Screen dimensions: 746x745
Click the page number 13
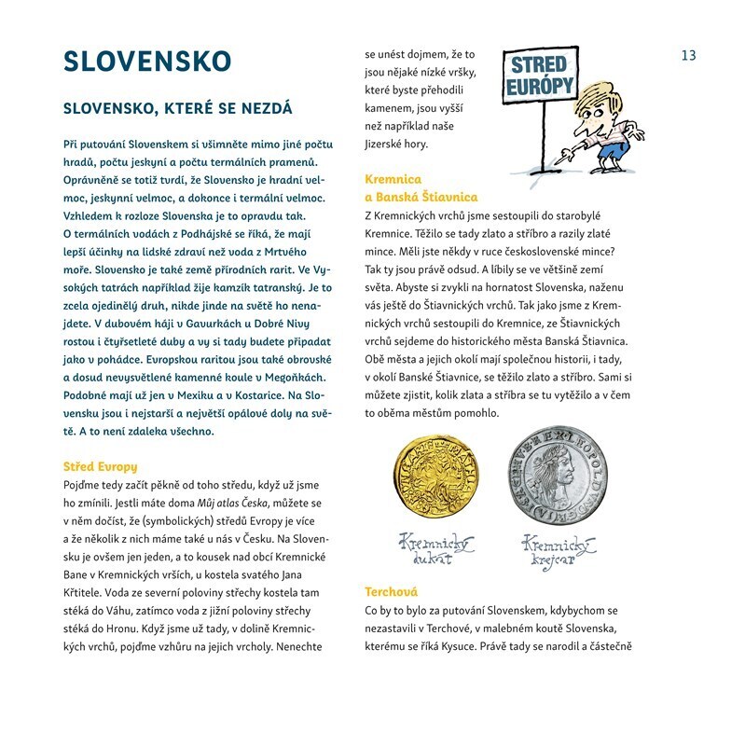click(x=688, y=55)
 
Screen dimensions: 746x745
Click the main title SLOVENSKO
click(x=146, y=62)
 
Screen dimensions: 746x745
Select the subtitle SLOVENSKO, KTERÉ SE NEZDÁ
click(x=177, y=108)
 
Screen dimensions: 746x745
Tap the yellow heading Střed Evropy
click(x=100, y=465)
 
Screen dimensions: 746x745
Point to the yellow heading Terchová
click(x=392, y=592)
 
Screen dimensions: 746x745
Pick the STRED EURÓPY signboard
click(x=538, y=77)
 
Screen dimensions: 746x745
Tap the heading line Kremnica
click(x=393, y=178)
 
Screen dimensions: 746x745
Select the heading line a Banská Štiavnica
click(x=421, y=197)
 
